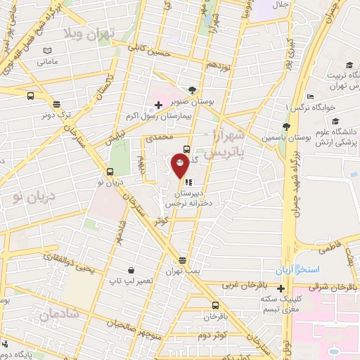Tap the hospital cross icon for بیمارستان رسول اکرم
[158, 105]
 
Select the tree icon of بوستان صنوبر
[193, 89]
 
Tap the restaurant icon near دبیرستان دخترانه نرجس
[188, 181]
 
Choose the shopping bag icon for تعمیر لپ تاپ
[131, 269]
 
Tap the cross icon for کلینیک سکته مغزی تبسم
[281, 288]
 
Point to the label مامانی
[48, 63]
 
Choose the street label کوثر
[162, 220]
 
